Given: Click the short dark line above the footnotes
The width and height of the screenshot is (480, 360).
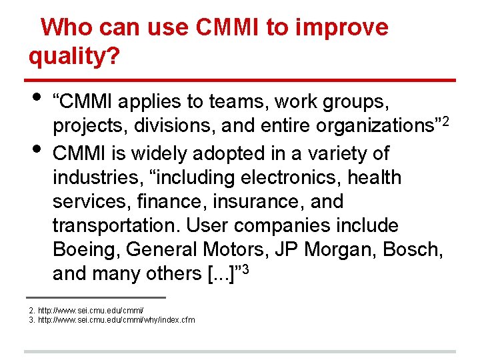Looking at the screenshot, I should (x=95, y=297).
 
